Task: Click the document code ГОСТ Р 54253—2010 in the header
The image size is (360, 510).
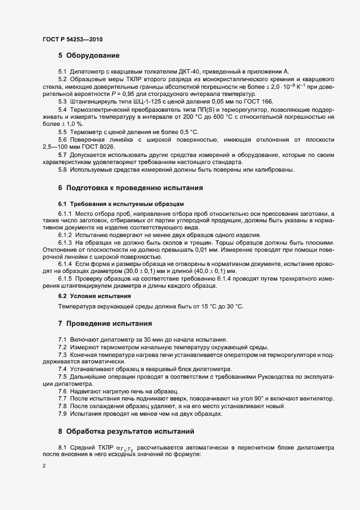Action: point(72,40)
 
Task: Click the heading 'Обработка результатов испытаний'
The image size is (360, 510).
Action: point(130,432)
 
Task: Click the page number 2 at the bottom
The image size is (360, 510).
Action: point(44,466)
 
